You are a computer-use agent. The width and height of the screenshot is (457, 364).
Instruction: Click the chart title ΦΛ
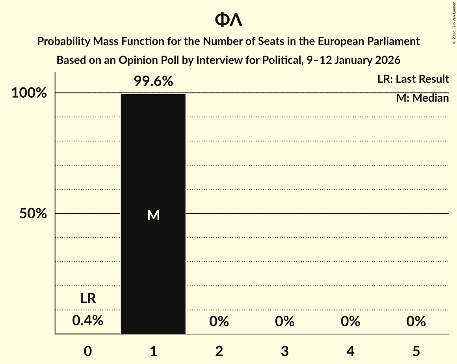click(x=228, y=20)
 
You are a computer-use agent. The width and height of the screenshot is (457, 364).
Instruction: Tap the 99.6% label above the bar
click(x=153, y=82)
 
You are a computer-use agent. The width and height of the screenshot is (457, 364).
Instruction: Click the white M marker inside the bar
click(x=153, y=215)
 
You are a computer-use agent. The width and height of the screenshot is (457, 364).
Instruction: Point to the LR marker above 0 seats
click(x=88, y=299)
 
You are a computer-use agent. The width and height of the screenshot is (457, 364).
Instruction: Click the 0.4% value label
click(x=88, y=321)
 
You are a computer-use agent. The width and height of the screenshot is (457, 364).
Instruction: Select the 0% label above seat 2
click(x=219, y=322)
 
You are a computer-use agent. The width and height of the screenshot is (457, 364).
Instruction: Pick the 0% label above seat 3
click(x=285, y=322)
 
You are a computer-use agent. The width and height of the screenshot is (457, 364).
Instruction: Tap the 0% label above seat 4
click(x=351, y=322)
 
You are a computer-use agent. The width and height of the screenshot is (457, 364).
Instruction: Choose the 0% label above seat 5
click(x=416, y=322)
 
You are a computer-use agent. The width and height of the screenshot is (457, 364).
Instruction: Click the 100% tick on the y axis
click(x=29, y=93)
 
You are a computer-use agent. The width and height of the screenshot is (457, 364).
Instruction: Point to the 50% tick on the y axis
click(x=33, y=214)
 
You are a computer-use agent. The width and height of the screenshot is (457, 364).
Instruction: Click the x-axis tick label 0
click(x=88, y=351)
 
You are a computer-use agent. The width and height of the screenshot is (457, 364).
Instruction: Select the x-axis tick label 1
click(x=153, y=351)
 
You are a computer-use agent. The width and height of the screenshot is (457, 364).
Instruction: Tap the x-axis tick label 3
click(x=285, y=351)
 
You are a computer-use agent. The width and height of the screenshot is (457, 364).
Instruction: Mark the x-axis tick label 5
click(x=416, y=351)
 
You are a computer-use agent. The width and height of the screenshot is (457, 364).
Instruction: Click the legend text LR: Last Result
click(x=413, y=79)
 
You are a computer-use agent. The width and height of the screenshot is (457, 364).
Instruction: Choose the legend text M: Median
click(x=422, y=98)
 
